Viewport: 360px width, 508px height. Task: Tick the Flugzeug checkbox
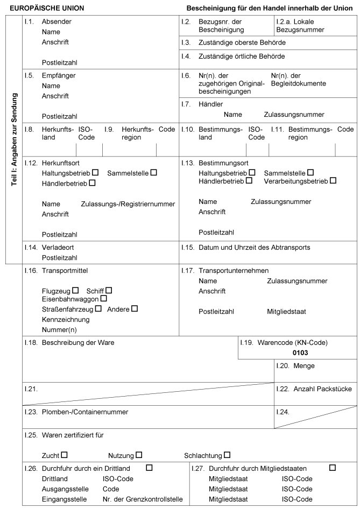click(x=75, y=291)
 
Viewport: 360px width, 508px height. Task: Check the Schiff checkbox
click(x=109, y=291)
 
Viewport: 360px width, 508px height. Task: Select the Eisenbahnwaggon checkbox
click(x=104, y=298)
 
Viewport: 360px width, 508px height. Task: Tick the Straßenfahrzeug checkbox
click(x=98, y=309)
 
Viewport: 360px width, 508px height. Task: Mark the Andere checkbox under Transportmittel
click(x=135, y=309)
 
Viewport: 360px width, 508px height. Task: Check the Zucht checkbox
click(x=65, y=455)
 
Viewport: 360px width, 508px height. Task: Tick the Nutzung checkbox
click(x=139, y=455)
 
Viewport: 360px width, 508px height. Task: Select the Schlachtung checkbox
click(x=227, y=455)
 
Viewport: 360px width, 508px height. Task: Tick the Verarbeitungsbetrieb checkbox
click(x=333, y=181)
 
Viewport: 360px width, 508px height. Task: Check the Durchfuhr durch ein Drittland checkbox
click(x=149, y=468)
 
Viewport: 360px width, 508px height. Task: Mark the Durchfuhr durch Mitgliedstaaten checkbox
click(x=332, y=468)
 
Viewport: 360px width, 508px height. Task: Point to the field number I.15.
click(x=188, y=248)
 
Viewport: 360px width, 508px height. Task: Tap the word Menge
click(x=304, y=366)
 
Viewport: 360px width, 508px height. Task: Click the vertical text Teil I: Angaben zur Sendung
click(x=15, y=140)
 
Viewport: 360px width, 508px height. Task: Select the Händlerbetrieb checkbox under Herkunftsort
click(x=93, y=184)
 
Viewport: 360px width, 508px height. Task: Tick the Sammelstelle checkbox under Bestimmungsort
click(x=310, y=173)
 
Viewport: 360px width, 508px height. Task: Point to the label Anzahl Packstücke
click(x=322, y=389)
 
